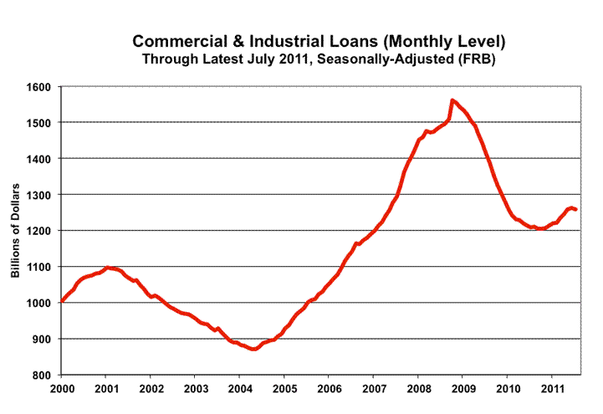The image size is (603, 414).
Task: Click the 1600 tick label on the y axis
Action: coord(40,87)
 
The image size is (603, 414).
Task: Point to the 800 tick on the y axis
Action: coord(43,375)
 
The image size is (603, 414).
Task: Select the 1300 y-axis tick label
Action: coord(40,195)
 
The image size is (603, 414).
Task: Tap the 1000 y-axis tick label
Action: coord(40,303)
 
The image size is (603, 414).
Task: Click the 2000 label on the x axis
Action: coord(62,389)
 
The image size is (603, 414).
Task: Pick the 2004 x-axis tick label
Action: coord(240,389)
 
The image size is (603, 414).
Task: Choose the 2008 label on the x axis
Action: coord(418,389)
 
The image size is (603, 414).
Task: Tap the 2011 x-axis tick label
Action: coord(552,389)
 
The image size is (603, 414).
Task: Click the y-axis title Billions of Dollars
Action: coord(15,231)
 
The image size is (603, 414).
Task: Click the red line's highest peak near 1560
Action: coord(452,100)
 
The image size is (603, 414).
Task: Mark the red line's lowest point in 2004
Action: coord(253,349)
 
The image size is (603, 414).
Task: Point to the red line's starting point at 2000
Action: coord(62,302)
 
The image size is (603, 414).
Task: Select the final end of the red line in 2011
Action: coord(575,209)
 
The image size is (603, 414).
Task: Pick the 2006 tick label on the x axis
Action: coord(330,389)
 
